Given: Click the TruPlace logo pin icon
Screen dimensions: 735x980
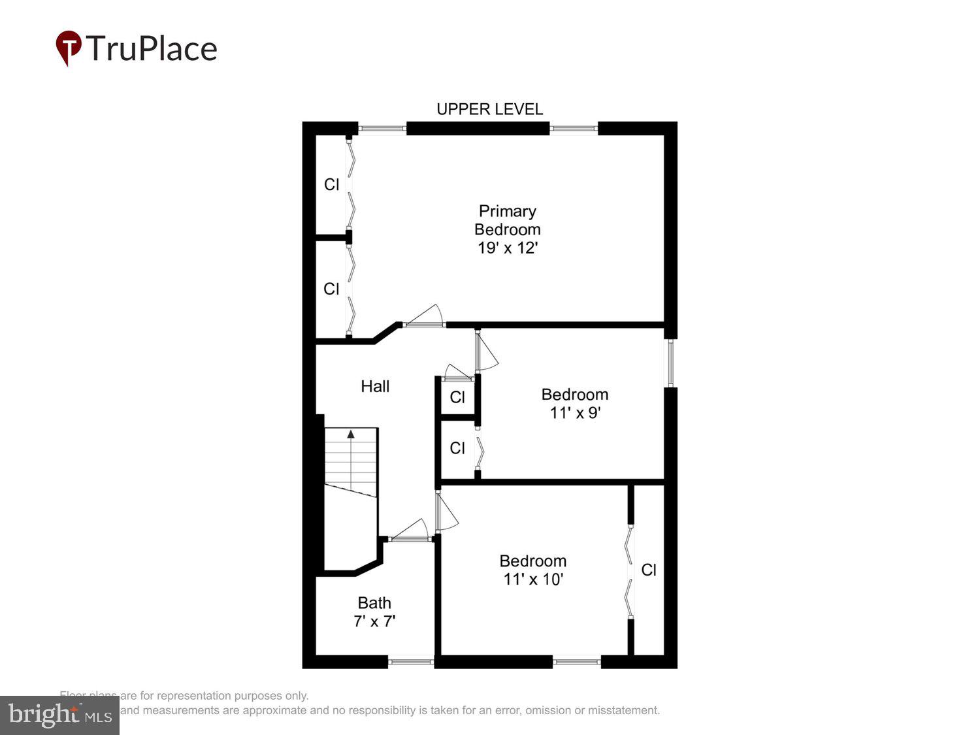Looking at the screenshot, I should pos(68,48).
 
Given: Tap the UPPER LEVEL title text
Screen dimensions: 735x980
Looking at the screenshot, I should pos(489,109).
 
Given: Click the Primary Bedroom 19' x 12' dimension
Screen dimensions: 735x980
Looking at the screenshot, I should pos(507,248).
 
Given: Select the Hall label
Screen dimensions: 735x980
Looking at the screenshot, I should pos(375,386).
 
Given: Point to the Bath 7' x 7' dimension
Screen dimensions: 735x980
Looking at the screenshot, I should pos(374,621).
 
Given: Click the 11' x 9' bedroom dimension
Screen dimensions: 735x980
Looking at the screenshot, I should pos(575,413).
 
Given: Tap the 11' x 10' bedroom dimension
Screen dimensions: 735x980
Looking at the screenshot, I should pos(533,580).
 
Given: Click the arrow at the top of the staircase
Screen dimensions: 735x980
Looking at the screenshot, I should pos(351,434).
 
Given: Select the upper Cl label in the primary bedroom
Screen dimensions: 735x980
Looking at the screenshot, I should pos(332,185).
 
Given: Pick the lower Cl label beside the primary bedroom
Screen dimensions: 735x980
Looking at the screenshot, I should pos(332,289).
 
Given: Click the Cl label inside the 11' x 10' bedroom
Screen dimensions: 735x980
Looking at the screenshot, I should pos(649,570).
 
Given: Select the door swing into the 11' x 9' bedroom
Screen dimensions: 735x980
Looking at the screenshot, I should pos(487,353).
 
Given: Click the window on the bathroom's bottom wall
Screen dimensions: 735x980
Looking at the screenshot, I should pos(411,662).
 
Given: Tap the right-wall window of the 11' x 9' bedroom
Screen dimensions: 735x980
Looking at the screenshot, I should pos(670,363).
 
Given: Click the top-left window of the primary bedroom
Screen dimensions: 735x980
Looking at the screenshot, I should pos(382,129).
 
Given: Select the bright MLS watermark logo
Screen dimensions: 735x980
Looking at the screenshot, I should pos(59,715).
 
